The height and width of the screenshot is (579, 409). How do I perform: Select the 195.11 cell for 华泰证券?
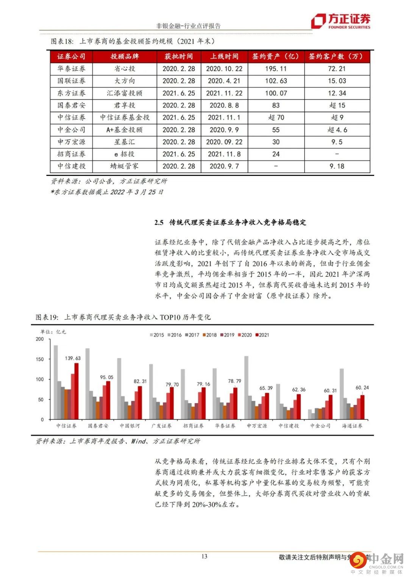[x=276, y=69]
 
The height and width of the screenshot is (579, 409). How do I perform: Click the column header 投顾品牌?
[x=125, y=56]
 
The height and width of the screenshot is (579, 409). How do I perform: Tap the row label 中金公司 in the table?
[x=71, y=130]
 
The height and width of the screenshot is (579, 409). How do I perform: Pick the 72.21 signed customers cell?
[x=337, y=69]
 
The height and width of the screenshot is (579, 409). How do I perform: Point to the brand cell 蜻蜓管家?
[x=125, y=166]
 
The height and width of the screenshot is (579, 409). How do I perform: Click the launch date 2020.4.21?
[x=224, y=81]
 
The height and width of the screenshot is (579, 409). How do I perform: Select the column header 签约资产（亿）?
[x=276, y=56]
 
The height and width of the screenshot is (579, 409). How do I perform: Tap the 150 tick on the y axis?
[x=40, y=359]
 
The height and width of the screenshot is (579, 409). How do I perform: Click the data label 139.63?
[x=73, y=358]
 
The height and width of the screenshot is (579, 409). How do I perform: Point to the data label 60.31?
[x=330, y=390]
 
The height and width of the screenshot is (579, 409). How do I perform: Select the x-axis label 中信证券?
[x=66, y=426]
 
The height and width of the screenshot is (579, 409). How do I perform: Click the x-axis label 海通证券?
[x=352, y=426]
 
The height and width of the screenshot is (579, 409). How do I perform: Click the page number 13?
[x=204, y=556]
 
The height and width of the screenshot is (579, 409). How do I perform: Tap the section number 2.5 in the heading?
[x=159, y=223]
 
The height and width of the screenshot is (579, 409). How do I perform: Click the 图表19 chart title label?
[x=46, y=317]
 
